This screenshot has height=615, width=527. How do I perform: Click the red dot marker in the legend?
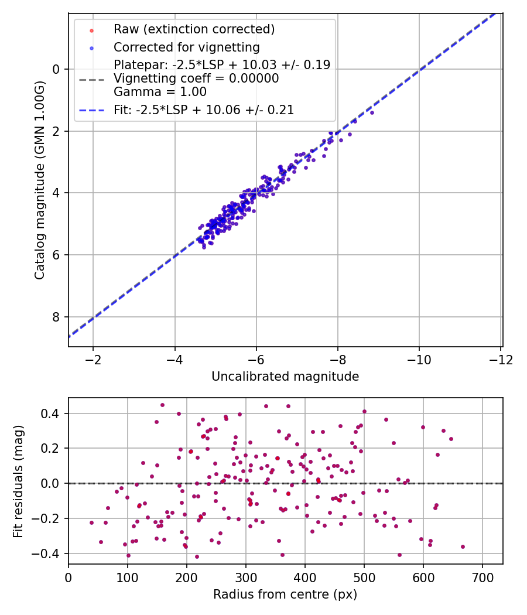(91, 30)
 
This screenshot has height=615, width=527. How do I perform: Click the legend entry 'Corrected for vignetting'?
(187, 47)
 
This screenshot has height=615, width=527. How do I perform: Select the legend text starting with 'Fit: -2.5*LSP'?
(204, 110)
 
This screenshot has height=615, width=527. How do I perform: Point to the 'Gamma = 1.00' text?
(160, 92)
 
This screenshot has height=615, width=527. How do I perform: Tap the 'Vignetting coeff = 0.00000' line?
(196, 78)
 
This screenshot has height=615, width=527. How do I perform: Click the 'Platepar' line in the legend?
(222, 64)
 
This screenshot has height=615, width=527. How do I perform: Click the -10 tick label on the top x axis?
(419, 360)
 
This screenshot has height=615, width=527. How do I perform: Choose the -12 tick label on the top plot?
(501, 360)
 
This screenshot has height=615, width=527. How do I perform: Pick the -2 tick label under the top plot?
(93, 360)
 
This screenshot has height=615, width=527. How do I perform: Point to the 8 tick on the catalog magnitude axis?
(56, 317)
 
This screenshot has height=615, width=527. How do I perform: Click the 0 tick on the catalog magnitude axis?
(56, 70)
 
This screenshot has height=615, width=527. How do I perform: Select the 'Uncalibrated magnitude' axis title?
(285, 377)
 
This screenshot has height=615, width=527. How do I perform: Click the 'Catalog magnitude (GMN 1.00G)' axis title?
(40, 180)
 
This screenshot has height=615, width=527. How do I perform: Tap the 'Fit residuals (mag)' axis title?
(18, 481)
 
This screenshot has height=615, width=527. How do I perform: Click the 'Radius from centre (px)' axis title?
(285, 594)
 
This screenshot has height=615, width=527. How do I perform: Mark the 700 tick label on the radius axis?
(482, 578)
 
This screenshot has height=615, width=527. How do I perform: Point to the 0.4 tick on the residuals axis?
(50, 414)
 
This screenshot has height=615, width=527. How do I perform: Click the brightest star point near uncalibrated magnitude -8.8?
(372, 113)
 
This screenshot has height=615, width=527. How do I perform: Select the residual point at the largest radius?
(463, 546)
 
